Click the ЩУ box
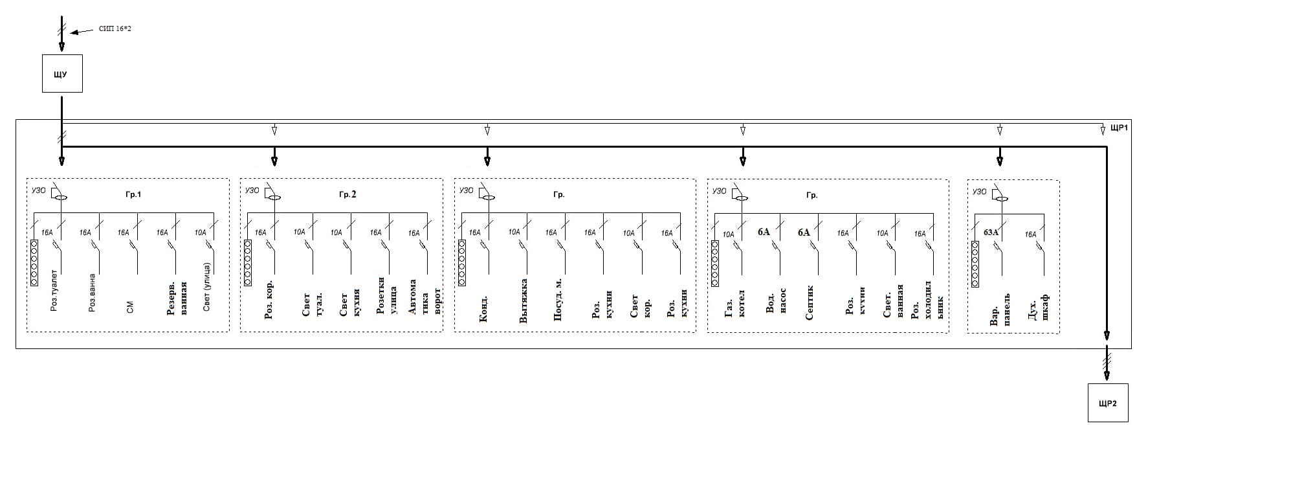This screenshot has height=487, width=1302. [62, 74]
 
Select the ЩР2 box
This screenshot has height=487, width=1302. [1107, 403]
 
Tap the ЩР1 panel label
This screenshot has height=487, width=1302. [1119, 129]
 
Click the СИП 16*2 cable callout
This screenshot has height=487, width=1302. [115, 29]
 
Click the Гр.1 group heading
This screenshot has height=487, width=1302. [133, 194]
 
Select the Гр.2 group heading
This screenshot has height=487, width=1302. [348, 194]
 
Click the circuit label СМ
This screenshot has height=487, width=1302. [130, 308]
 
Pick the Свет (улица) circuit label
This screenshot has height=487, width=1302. [206, 288]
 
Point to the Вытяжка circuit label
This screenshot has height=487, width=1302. [524, 300]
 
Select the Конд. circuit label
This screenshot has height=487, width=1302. [483, 309]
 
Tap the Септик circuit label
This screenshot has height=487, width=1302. [809, 302]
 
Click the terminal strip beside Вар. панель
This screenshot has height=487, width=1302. [975, 264]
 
